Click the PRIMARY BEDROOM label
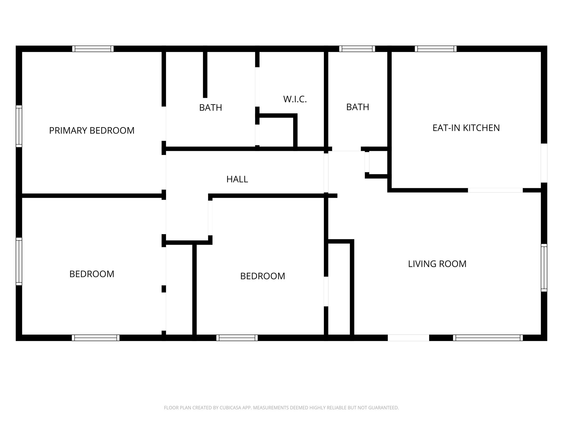(92, 131)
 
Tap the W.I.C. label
(295, 99)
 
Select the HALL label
(237, 179)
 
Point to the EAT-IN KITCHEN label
(466, 128)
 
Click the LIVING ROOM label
(437, 264)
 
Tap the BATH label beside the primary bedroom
(211, 108)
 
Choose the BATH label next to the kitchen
(357, 107)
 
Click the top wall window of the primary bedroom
(93, 49)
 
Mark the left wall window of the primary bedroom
(19, 126)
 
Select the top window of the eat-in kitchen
(436, 49)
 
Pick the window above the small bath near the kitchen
(357, 49)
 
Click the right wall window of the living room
(544, 268)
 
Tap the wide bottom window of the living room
(488, 338)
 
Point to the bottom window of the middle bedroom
(237, 338)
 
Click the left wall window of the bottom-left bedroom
(19, 261)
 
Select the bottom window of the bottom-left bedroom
(96, 338)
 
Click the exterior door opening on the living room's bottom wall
(408, 338)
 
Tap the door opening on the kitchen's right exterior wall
(544, 163)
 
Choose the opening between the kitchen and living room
(495, 190)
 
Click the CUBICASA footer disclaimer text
(281, 408)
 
